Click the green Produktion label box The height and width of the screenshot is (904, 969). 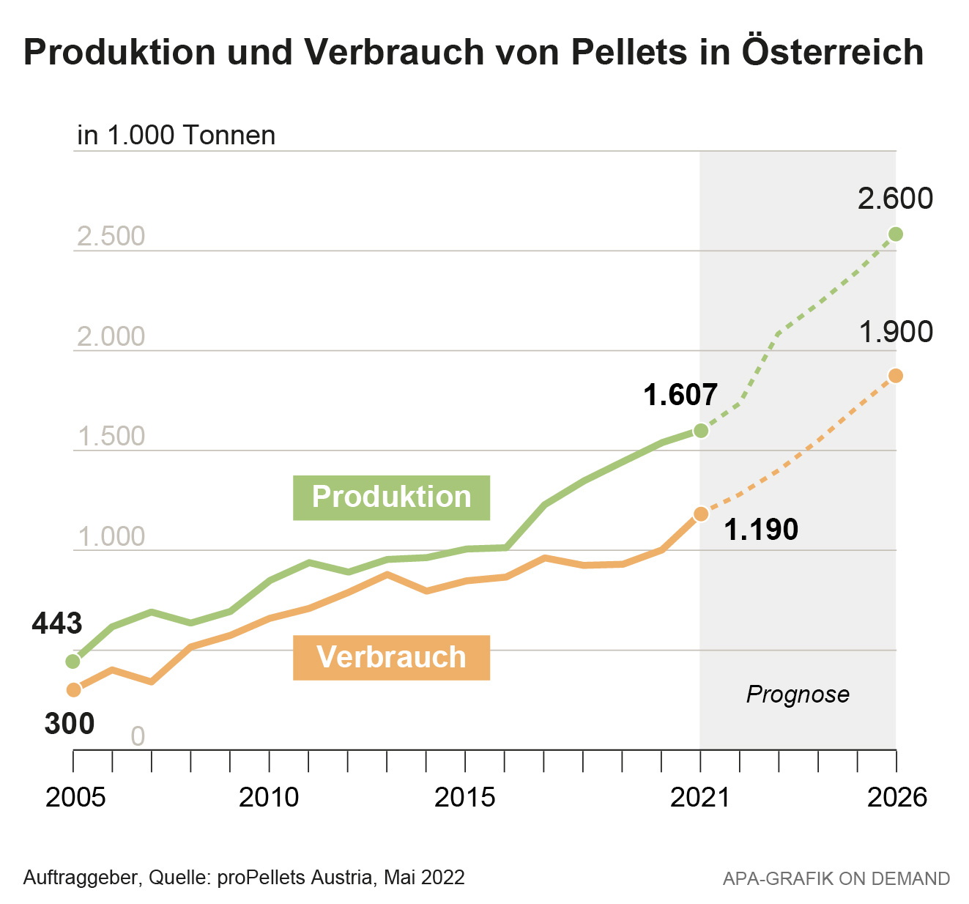391,497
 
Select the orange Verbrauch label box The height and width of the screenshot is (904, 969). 391,657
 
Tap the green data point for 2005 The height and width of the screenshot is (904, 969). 73,662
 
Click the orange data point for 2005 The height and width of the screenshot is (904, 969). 73,689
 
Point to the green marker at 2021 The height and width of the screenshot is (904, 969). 701,430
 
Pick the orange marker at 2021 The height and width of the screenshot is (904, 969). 701,514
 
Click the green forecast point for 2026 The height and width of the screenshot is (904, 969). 896,234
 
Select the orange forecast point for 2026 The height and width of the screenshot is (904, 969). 896,376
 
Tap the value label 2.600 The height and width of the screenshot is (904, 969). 895,199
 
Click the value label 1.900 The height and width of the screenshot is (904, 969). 895,333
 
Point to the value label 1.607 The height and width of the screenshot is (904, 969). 680,396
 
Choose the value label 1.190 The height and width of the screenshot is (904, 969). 761,530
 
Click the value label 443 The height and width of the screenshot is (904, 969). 57,623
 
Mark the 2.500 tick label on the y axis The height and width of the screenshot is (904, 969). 111,237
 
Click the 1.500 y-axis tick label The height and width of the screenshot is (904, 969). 111,437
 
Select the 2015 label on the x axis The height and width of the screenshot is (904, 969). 465,797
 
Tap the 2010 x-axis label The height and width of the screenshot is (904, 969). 270,797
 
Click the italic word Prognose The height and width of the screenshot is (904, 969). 798,694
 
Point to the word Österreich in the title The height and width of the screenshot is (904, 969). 833,53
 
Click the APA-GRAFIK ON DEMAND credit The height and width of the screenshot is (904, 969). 836,878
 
